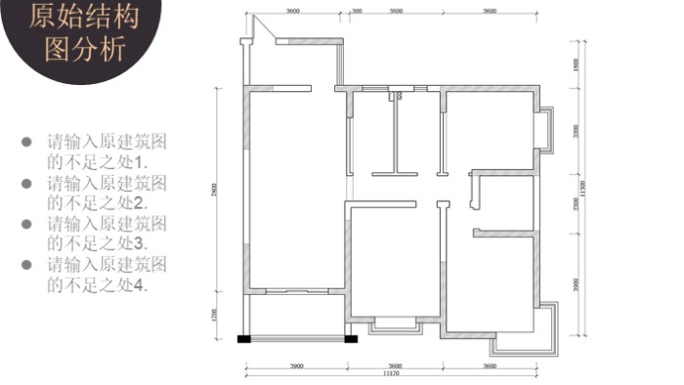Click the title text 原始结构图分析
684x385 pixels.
click(x=85, y=31)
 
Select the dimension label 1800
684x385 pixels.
click(x=576, y=64)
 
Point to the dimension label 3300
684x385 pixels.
click(x=576, y=131)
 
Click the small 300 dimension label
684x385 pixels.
click(x=357, y=11)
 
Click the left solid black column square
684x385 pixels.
click(x=244, y=339)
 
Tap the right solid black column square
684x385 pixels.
click(x=351, y=339)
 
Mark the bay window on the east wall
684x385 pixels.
click(x=543, y=129)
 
